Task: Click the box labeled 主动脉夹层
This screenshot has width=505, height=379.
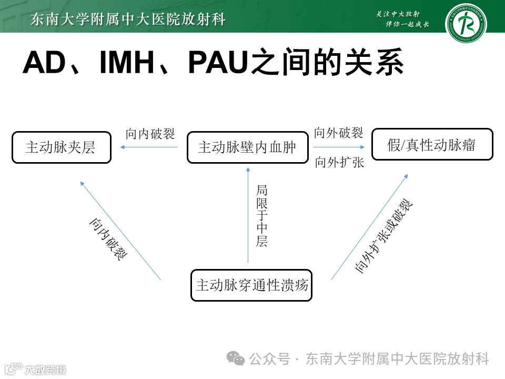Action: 62,147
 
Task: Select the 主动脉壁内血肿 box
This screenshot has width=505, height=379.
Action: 247,147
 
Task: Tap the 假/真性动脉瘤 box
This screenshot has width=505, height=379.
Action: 432,145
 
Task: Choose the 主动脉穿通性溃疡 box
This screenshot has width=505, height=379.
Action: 251,285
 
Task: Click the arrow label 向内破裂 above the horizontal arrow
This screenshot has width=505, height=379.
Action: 150,134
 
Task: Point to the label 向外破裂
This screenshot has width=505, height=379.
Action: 339,133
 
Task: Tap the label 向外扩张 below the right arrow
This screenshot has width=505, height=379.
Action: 340,163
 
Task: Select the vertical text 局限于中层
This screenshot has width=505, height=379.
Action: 261,216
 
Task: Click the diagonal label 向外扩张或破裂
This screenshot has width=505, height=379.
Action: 384,237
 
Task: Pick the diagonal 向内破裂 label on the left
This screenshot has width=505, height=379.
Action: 107,240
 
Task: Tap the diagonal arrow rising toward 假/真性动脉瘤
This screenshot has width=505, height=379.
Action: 370,226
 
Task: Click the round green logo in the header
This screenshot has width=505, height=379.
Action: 466,24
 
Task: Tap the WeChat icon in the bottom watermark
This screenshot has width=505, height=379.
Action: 235,358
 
